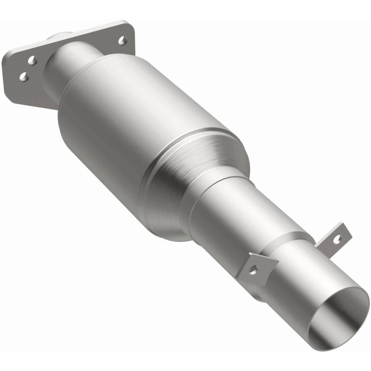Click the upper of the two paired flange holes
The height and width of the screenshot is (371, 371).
32,60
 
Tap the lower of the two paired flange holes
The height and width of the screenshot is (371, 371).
24,77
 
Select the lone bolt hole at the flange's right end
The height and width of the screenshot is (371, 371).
122,41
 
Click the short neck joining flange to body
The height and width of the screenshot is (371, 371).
70,65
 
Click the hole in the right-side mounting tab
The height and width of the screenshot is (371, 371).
337,238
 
